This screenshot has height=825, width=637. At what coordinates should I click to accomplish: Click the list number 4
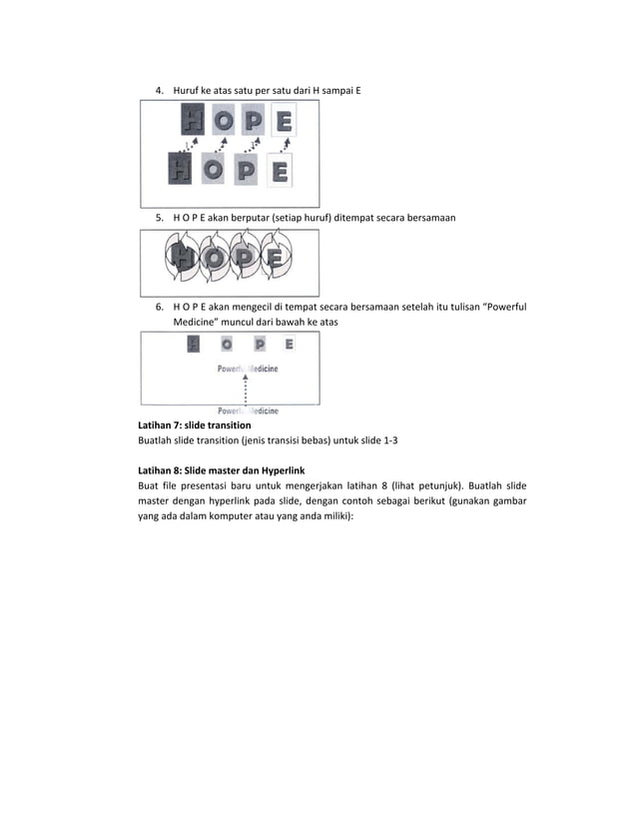159,91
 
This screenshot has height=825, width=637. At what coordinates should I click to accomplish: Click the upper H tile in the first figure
193,123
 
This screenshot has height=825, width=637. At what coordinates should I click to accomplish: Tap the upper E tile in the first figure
283,123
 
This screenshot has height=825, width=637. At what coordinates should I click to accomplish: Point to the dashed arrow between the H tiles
187,146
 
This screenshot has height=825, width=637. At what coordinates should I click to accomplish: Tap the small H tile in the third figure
194,344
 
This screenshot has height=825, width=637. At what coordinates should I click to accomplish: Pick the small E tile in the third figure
289,344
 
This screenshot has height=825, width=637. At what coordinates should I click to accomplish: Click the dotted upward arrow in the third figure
246,390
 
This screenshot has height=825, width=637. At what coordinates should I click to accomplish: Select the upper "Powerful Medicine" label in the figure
248,369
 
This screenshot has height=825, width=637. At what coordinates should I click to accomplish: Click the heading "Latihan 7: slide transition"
194,425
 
